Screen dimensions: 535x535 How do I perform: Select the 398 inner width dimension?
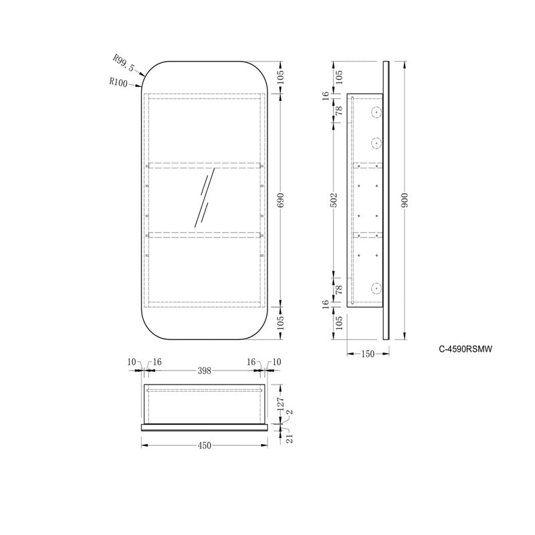pyautogui.click(x=204, y=370)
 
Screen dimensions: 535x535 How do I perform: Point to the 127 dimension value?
pyautogui.click(x=281, y=403)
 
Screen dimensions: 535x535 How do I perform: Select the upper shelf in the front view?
pyautogui.click(x=205, y=164)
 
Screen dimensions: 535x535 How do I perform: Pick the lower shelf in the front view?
pyautogui.click(x=205, y=234)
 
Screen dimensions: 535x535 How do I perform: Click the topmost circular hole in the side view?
pyautogui.click(x=377, y=112)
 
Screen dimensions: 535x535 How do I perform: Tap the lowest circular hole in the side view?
pyautogui.click(x=377, y=288)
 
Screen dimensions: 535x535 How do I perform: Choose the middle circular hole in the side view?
pyautogui.click(x=377, y=142)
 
